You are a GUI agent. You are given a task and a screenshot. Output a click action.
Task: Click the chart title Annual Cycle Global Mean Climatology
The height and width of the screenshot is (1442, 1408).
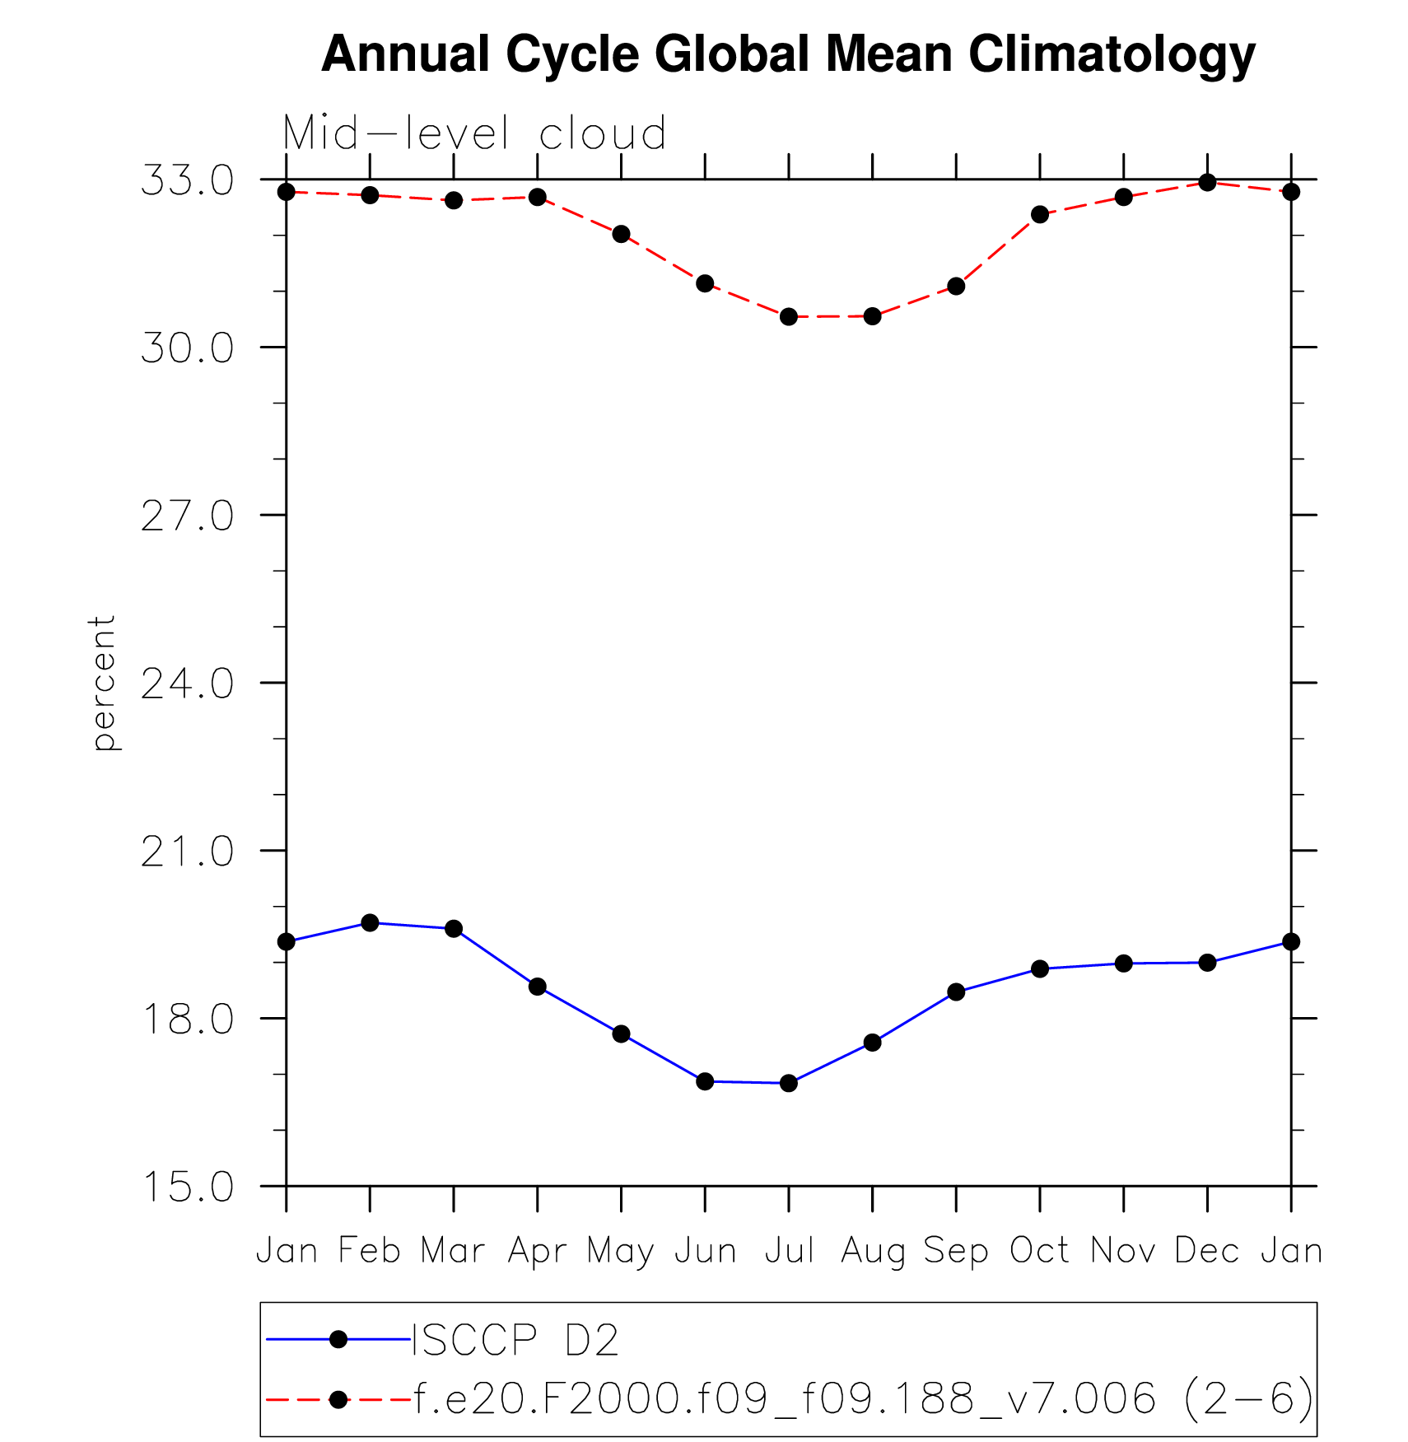[x=788, y=55]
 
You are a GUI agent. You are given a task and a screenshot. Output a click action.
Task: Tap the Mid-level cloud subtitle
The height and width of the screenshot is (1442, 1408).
[x=474, y=133]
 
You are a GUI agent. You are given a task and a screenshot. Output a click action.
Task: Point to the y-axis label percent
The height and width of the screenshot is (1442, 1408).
[x=103, y=683]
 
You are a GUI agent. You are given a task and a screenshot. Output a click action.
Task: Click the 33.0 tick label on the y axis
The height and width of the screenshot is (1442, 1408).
[x=188, y=180]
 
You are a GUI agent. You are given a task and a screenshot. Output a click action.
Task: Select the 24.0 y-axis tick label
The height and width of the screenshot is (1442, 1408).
[x=188, y=684]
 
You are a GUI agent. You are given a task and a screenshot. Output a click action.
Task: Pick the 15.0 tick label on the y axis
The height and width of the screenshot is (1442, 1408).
[x=188, y=1187]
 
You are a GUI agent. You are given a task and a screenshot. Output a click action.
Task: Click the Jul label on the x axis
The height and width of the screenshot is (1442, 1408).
[x=789, y=1250]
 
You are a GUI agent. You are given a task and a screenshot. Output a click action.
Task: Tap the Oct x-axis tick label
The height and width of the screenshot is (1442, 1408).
[x=1039, y=1250]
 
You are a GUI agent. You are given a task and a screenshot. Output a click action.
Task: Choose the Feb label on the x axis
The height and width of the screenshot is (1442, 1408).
[x=370, y=1250]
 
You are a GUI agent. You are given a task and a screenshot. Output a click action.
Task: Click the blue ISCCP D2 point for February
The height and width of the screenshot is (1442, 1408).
[x=370, y=923]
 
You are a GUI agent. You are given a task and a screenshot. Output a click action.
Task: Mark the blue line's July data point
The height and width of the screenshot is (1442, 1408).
[x=789, y=1083]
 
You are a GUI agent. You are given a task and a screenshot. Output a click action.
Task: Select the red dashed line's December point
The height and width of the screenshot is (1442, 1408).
[x=1207, y=182]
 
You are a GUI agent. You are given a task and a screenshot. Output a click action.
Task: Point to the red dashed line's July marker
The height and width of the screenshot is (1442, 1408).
[x=789, y=317]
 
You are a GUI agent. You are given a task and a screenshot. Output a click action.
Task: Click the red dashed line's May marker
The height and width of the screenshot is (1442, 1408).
[x=621, y=234]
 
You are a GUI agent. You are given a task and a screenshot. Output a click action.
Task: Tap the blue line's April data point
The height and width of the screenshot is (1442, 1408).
[x=538, y=987]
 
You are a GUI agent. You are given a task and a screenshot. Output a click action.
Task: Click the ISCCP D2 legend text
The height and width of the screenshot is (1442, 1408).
[x=515, y=1340]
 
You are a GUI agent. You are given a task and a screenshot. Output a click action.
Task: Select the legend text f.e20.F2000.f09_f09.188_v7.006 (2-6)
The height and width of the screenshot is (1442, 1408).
[x=862, y=1398]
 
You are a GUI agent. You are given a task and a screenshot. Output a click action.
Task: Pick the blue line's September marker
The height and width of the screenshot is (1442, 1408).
[x=956, y=992]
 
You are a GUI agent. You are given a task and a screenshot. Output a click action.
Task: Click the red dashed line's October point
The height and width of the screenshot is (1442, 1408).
[x=1040, y=215]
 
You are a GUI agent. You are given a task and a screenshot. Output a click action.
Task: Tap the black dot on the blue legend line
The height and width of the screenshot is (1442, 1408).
[x=338, y=1340]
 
